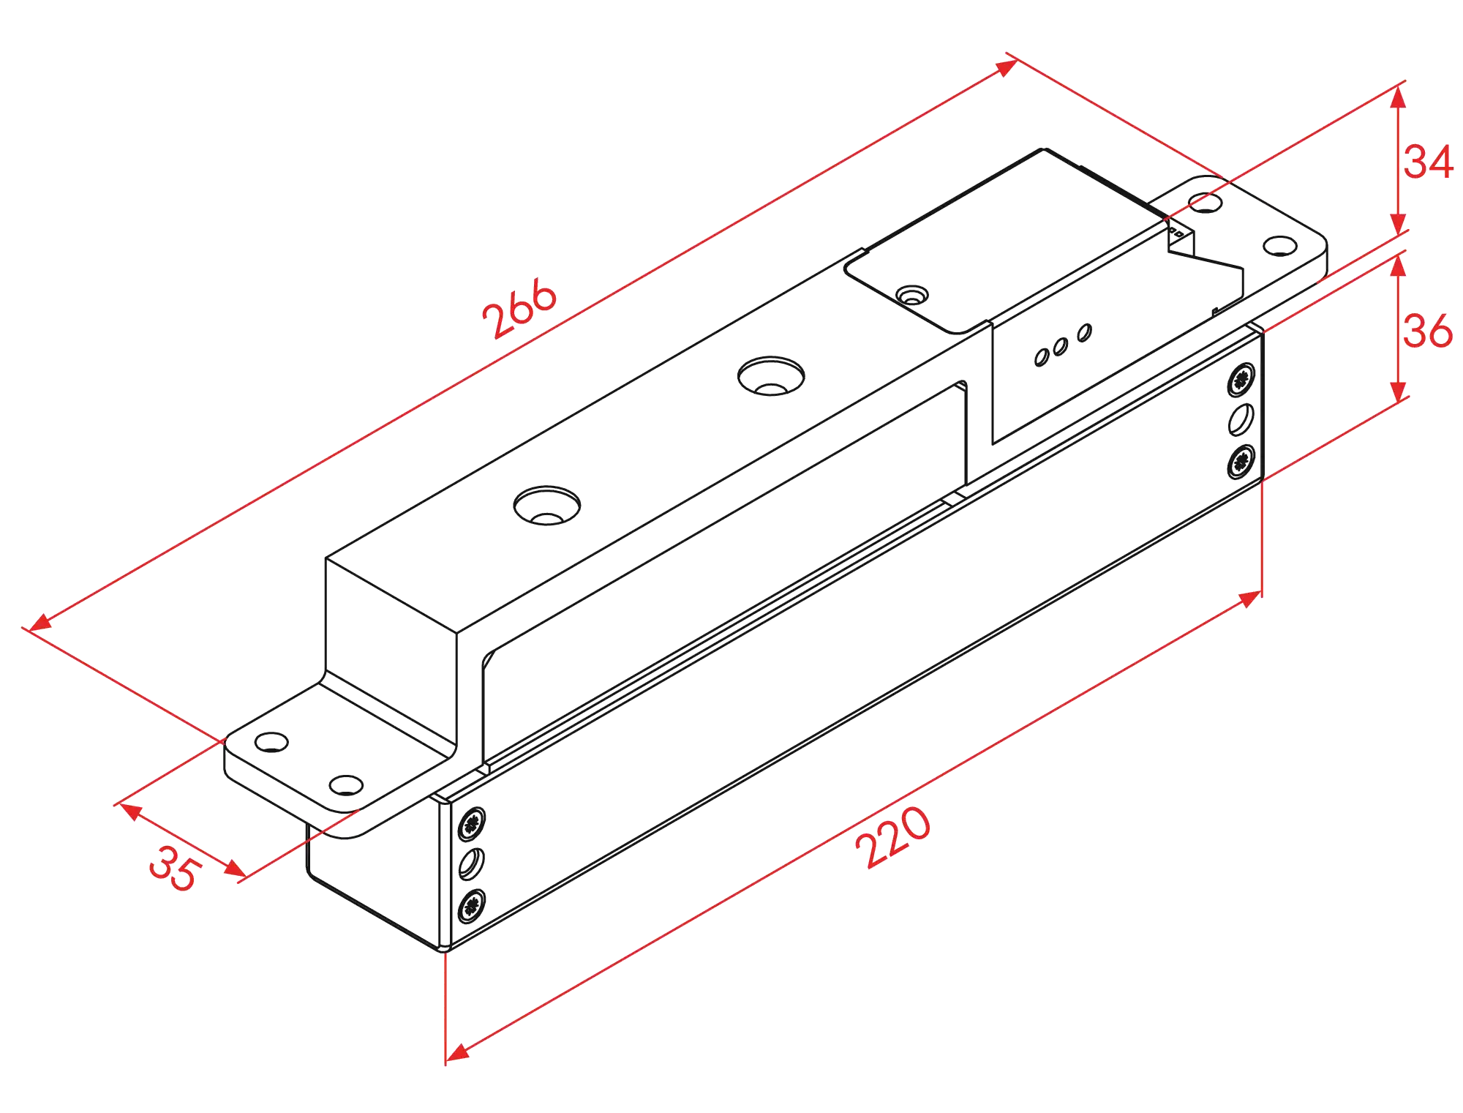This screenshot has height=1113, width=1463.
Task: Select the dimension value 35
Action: tap(174, 868)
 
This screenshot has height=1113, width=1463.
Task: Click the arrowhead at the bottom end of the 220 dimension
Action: tap(457, 1052)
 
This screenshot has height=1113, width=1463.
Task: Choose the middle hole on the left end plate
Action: tap(471, 864)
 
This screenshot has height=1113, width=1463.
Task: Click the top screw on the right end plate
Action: tap(1241, 379)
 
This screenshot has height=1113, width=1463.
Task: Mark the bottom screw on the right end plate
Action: tap(1240, 461)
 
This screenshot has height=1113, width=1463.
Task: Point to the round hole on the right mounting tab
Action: tap(1205, 201)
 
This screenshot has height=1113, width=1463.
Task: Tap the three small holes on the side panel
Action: tap(1062, 345)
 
